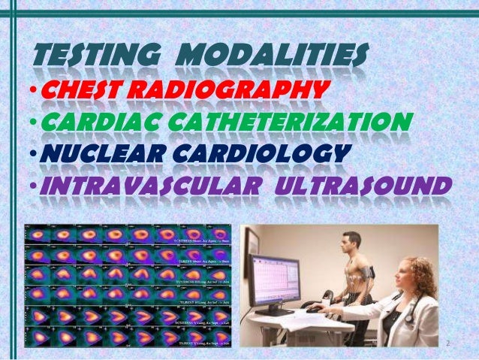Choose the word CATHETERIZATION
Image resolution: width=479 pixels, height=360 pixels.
click(300, 122)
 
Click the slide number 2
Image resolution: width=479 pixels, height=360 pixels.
click(447, 343)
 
